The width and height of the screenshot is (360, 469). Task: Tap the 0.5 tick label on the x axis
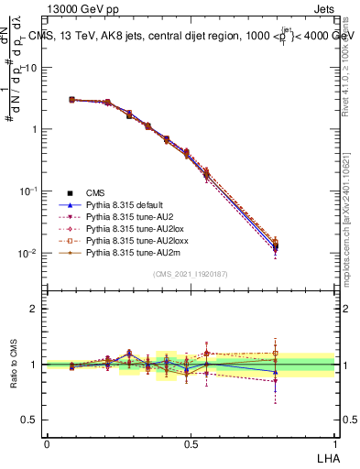191,443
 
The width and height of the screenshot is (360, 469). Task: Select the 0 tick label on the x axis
47,443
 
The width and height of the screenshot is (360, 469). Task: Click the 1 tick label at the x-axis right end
334,443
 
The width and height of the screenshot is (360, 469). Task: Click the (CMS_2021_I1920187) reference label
191,274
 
